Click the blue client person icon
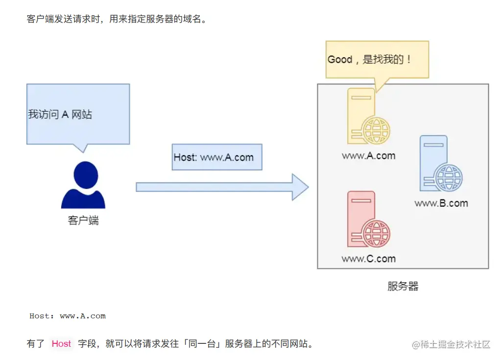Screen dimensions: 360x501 83,185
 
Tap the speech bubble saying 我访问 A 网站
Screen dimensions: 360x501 78,114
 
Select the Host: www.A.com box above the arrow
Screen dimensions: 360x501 217,157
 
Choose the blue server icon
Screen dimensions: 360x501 434,164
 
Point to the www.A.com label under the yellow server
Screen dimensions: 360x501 368,156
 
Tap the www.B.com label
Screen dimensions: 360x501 441,203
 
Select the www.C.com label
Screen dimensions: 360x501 368,259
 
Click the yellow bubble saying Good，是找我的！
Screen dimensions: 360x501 377,60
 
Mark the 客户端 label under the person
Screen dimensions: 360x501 83,220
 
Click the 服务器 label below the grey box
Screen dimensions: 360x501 403,287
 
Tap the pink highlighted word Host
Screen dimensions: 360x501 61,344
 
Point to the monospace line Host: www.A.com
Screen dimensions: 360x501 68,316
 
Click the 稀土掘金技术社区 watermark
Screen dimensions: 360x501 451,344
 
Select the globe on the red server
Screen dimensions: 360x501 377,234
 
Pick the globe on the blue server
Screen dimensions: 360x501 449,178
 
